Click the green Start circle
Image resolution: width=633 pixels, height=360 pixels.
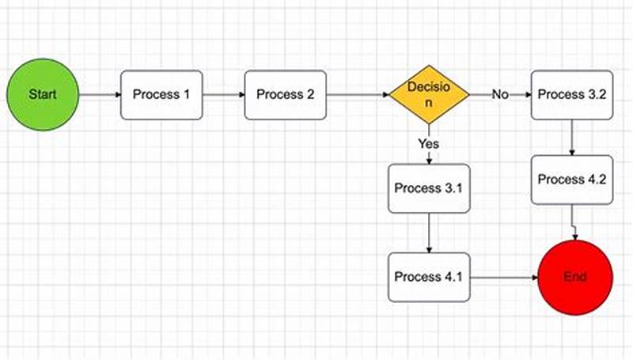click(43, 95)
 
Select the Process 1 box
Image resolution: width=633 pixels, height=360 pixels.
click(161, 95)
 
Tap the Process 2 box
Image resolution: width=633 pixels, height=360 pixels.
click(286, 95)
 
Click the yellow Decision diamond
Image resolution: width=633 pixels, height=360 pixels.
click(429, 95)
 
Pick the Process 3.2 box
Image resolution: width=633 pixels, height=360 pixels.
click(571, 95)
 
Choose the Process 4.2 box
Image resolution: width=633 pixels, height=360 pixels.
click(571, 180)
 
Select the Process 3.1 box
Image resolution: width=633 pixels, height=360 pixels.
click(429, 188)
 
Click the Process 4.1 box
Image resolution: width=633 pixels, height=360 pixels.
click(429, 278)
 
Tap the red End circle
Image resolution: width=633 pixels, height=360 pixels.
click(575, 278)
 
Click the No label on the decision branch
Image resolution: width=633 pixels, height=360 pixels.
click(500, 95)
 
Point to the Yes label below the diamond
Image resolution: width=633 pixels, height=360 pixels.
click(429, 144)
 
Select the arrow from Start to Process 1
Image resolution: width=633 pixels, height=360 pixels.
click(100, 95)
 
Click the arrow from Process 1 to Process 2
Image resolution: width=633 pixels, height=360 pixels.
click(224, 95)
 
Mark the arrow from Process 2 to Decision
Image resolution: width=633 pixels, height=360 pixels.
click(358, 95)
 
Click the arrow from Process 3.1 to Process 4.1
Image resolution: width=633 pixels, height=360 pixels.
click(429, 233)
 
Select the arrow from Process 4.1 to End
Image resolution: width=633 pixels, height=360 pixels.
click(504, 278)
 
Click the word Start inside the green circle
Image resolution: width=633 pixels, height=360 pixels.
click(43, 95)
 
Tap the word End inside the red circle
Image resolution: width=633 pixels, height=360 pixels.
click(575, 278)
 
